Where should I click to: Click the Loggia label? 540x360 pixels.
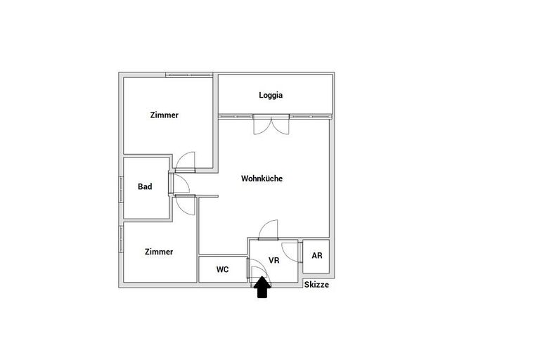click(x=271, y=95)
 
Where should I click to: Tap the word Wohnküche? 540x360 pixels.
click(x=262, y=179)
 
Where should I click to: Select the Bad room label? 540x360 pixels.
click(x=145, y=186)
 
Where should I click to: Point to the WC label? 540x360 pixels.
click(x=222, y=269)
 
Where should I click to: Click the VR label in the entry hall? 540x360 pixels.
click(x=274, y=260)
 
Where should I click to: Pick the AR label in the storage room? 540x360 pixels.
click(x=317, y=256)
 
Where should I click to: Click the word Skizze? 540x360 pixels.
click(x=316, y=285)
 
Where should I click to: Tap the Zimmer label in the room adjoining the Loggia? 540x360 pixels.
click(x=165, y=115)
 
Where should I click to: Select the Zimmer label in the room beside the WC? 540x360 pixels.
click(x=159, y=252)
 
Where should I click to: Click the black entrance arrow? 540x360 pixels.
click(x=262, y=288)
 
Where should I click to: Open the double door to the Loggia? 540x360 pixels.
click(x=271, y=124)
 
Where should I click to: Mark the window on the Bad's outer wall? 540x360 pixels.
click(x=121, y=189)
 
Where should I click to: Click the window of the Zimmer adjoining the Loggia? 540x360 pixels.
click(x=189, y=75)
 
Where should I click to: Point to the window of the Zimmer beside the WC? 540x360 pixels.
click(x=121, y=240)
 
